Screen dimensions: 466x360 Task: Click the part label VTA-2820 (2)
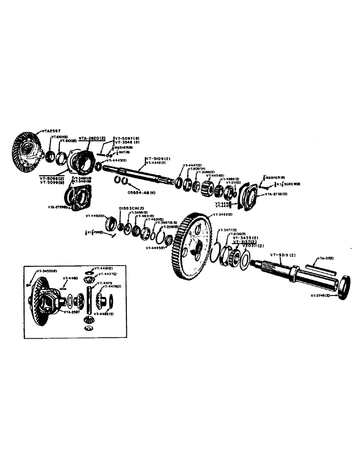tap(92, 138)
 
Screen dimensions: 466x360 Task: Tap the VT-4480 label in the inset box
tap(69, 278)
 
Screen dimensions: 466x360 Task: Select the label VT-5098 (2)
tap(52, 178)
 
